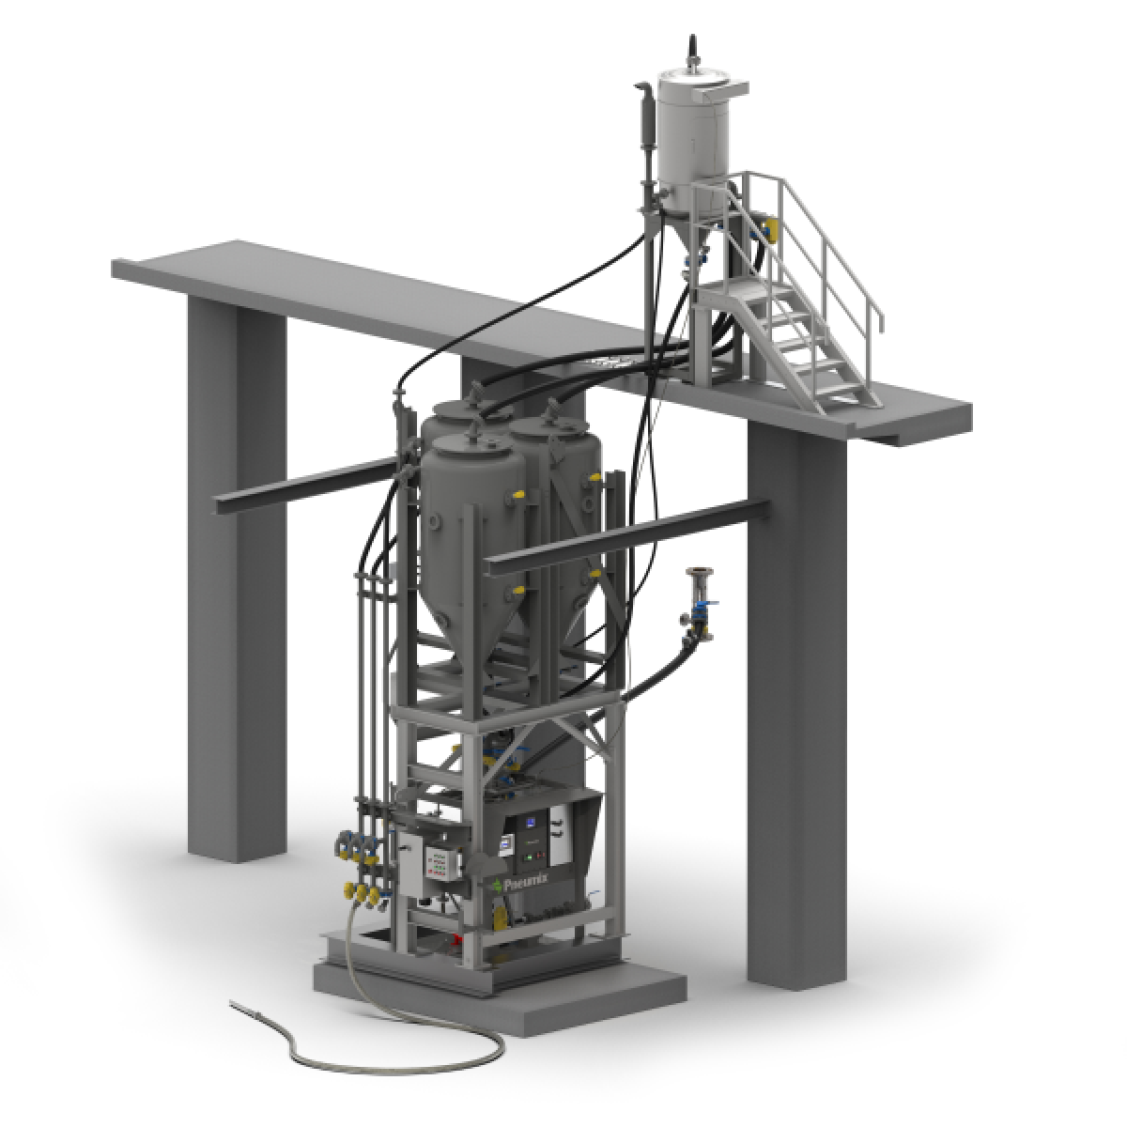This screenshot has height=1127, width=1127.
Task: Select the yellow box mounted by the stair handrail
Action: tap(773, 226)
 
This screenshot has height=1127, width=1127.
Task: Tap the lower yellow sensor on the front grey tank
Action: tap(516, 589)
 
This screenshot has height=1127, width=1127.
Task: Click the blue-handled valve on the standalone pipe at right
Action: tap(700, 611)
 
